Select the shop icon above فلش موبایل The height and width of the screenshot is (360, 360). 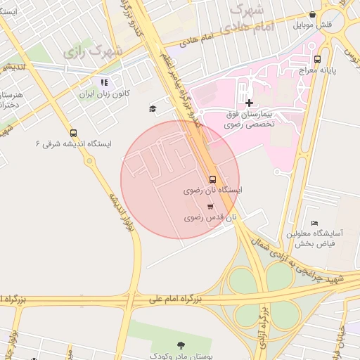312,14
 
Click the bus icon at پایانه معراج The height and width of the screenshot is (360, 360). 318,59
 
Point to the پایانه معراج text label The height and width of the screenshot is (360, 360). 321,70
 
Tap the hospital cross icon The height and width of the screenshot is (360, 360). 249,103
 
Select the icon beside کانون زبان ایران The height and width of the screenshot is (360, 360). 105,82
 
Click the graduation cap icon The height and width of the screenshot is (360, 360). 153,108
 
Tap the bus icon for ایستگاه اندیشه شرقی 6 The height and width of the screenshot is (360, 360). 73,133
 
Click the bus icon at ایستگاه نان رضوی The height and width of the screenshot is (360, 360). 213,179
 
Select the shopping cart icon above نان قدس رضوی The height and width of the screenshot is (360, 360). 210,206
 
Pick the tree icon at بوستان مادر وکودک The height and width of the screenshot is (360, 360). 181,344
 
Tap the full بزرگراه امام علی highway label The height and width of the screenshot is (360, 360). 175,300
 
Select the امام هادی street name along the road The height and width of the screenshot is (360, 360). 198,42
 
